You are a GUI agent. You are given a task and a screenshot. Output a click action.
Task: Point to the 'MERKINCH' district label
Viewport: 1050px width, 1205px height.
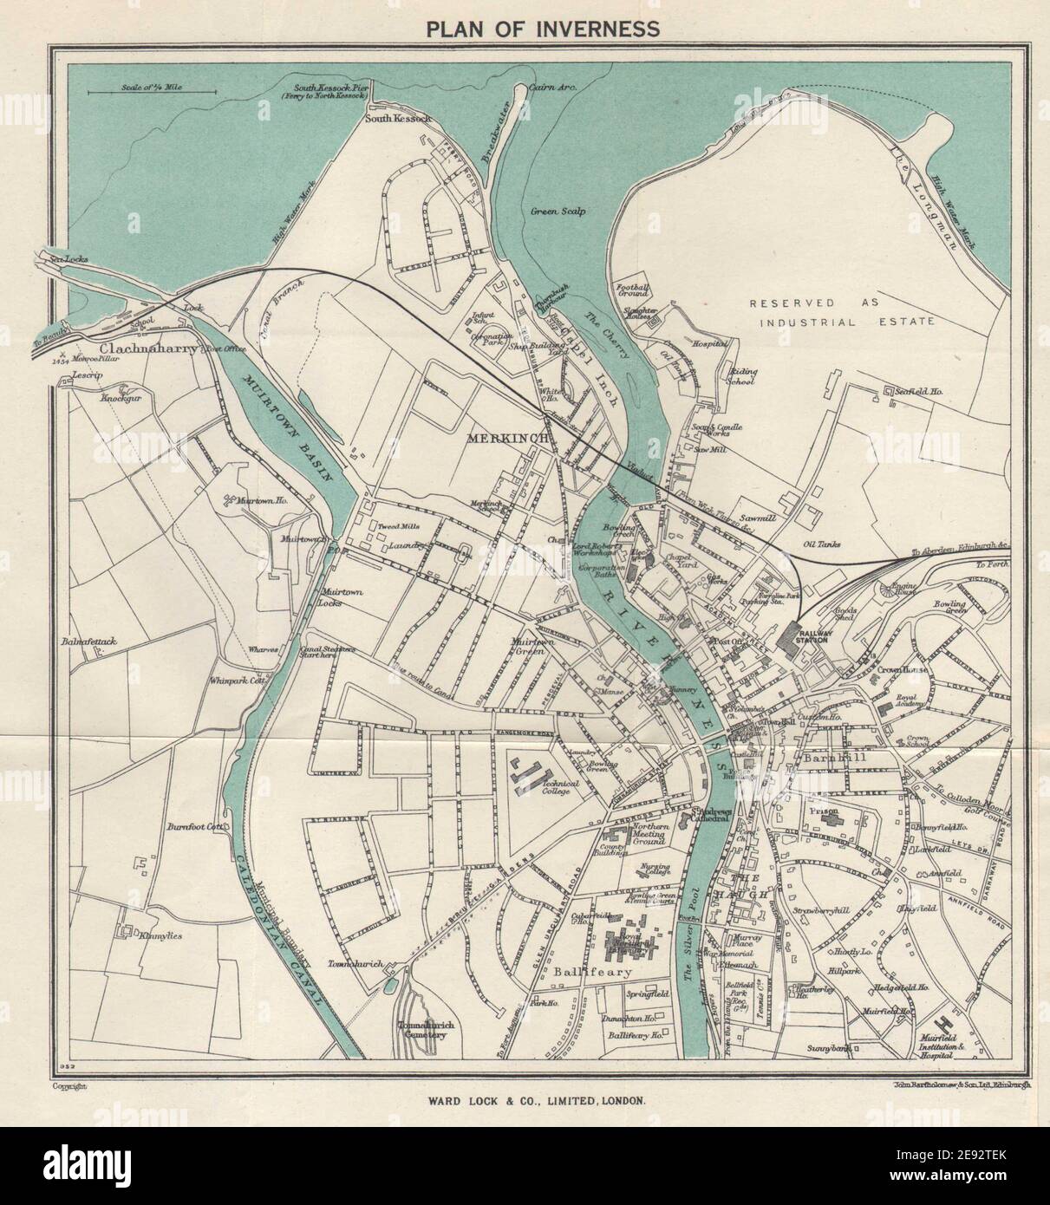[x=509, y=440]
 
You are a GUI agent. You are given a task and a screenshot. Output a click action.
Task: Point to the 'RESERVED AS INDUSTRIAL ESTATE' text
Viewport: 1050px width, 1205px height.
[x=842, y=312]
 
